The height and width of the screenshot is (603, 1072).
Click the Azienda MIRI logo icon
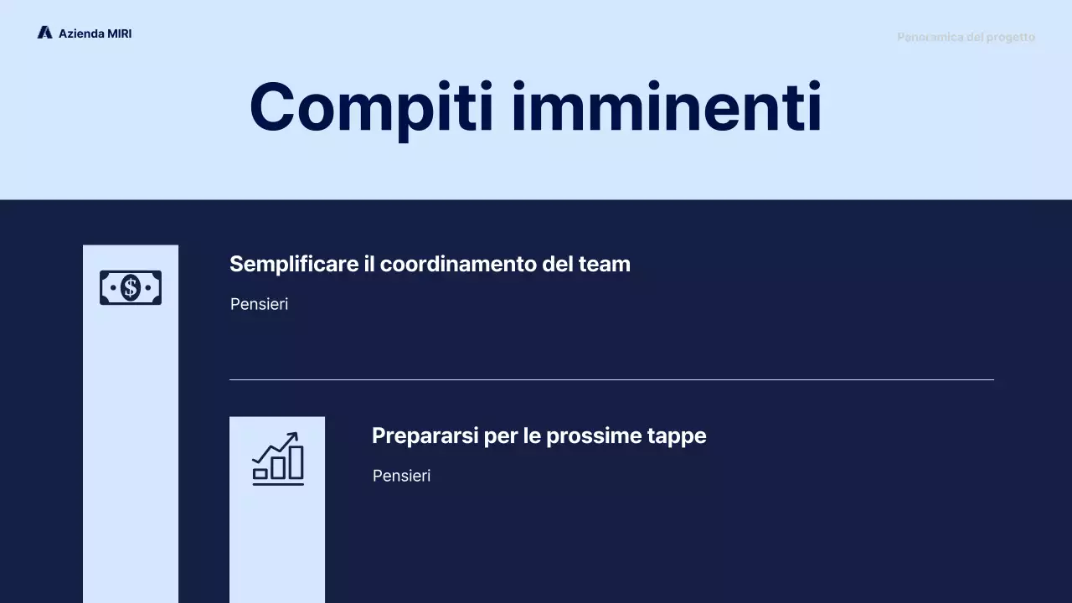pyautogui.click(x=44, y=33)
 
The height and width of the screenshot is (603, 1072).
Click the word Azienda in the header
pyautogui.click(x=81, y=33)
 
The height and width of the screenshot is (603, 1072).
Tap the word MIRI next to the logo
pyautogui.click(x=120, y=33)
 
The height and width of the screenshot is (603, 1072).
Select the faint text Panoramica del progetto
pyautogui.click(x=966, y=37)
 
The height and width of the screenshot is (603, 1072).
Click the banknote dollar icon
pyautogui.click(x=131, y=288)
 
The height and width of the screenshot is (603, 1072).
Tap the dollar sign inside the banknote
pyautogui.click(x=131, y=288)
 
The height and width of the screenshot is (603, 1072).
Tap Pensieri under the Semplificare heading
pyautogui.click(x=259, y=304)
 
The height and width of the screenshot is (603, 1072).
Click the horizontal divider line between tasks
pyautogui.click(x=611, y=379)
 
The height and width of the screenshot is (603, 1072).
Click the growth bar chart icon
pyautogui.click(x=277, y=459)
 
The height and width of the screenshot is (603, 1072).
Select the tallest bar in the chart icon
pyautogui.click(x=296, y=462)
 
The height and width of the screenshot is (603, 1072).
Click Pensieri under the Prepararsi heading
pyautogui.click(x=401, y=476)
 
